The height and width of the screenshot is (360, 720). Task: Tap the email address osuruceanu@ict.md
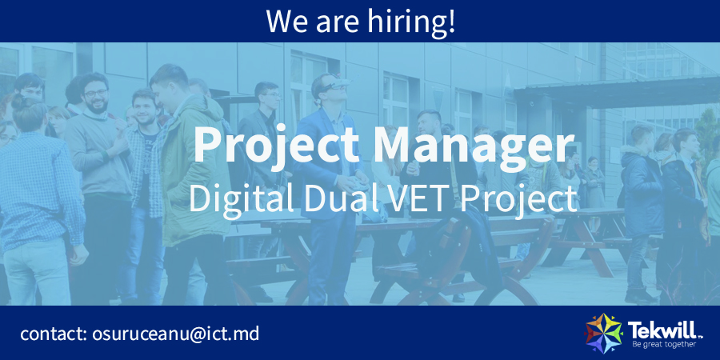(175, 334)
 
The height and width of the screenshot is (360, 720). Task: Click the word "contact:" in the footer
(54, 334)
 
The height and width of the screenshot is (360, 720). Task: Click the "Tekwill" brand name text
(664, 330)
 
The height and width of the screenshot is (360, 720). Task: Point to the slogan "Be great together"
(663, 344)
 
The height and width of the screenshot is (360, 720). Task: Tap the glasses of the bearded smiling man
(96, 94)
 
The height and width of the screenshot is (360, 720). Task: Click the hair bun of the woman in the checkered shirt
(20, 100)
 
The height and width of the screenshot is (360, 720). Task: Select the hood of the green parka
(202, 109)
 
